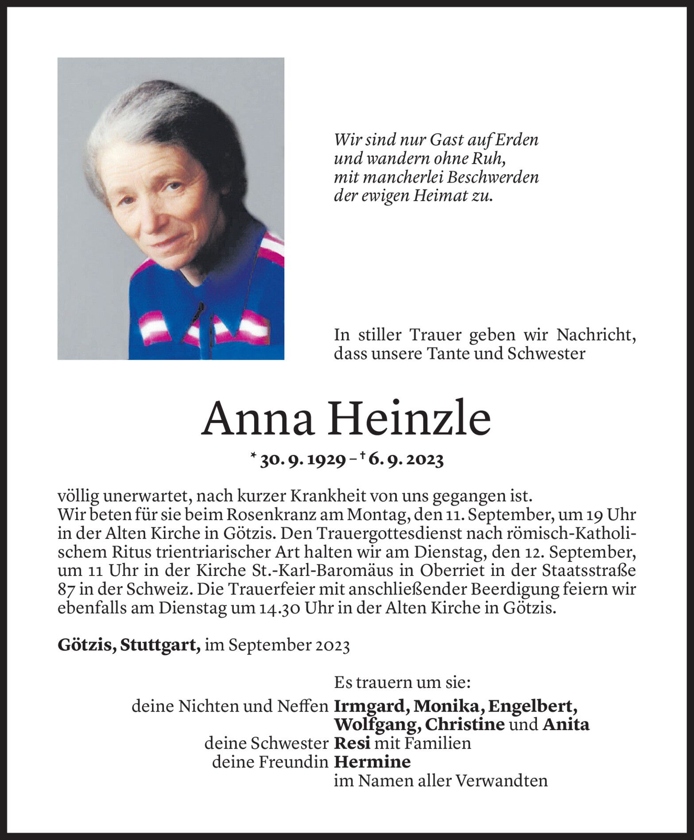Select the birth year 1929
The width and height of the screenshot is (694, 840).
click(324, 461)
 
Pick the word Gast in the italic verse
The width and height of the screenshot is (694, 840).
click(447, 140)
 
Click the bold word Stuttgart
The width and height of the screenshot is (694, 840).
click(160, 646)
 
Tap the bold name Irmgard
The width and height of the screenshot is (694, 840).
click(371, 706)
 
